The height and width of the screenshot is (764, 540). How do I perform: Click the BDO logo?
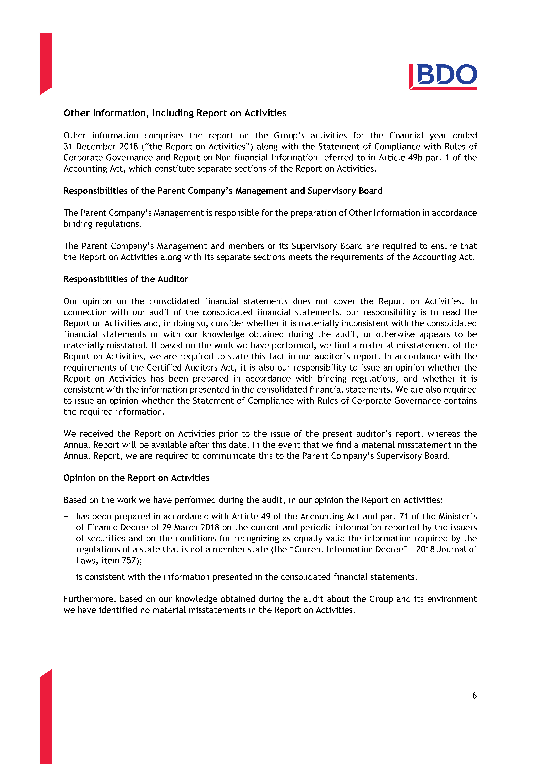click(x=443, y=77)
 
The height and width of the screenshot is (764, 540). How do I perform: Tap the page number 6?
click(x=474, y=695)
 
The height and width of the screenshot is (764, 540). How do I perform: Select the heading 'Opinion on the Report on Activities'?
click(x=136, y=478)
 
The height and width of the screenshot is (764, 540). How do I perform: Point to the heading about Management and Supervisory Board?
click(x=223, y=191)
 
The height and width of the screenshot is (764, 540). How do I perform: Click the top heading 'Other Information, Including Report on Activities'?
click(x=175, y=113)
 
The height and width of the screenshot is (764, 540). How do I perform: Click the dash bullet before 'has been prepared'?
click(x=66, y=516)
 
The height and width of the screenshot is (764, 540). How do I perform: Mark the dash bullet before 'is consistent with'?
click(x=66, y=577)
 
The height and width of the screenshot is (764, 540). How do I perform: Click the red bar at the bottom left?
click(x=46, y=719)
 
